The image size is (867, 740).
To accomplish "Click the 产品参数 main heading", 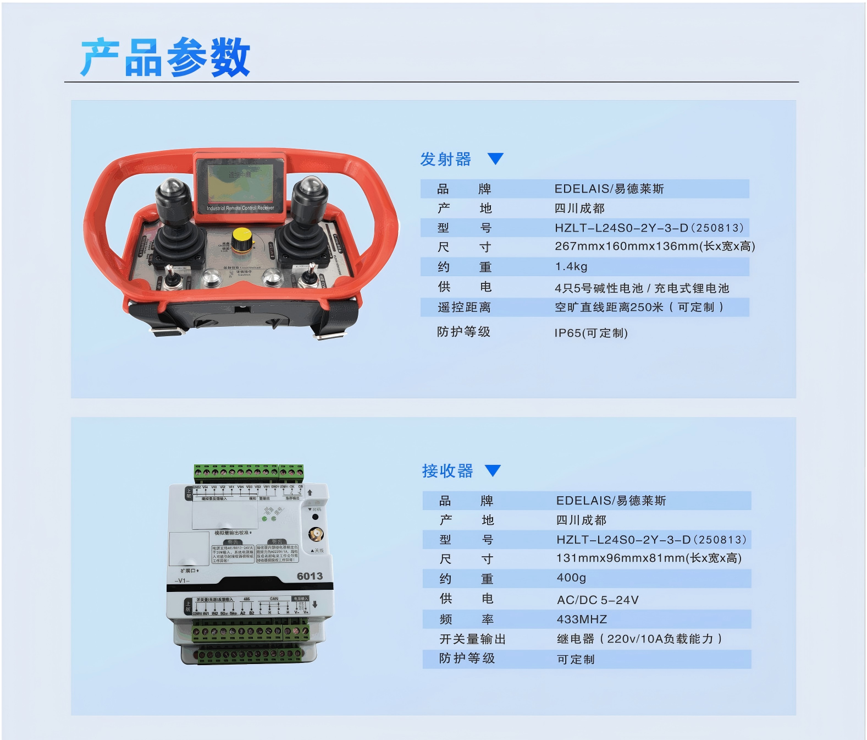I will pos(165,58).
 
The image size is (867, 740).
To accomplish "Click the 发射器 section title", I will pos(445,160).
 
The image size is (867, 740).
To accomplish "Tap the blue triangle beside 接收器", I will pos(493,470).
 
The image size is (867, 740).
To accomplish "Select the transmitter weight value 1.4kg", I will pos(571,267).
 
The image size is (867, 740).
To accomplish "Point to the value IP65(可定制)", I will pos(590,333).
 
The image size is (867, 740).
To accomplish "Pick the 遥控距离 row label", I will pos(463,308).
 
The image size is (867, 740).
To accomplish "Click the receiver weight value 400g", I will pos(571,578).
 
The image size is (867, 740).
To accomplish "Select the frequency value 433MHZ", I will pos(582,620).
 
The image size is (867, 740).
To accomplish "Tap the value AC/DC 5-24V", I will pos(598,600).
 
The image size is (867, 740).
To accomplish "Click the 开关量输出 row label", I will pos(472,639).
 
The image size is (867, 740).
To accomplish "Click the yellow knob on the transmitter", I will pos(241,239).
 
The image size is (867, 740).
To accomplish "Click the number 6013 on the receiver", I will pos(310,576).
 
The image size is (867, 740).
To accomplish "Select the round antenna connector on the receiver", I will pos(316,534).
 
